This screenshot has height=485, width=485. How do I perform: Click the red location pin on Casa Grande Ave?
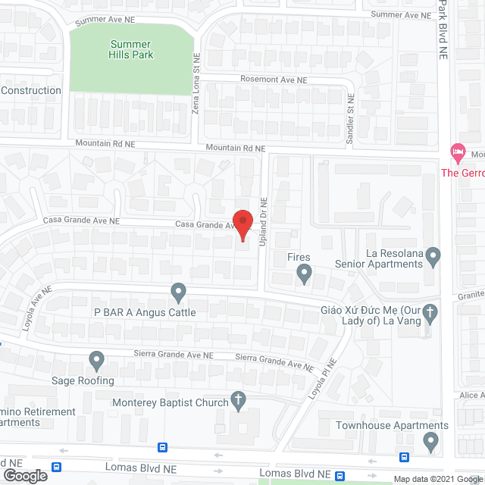point(242,224)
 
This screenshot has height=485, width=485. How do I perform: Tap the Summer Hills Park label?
point(131,49)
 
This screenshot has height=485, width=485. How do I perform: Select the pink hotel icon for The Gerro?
point(457,152)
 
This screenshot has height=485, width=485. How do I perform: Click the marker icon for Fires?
point(304,273)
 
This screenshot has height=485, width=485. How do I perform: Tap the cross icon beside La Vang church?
point(430,311)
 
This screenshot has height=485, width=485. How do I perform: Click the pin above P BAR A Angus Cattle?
point(178,291)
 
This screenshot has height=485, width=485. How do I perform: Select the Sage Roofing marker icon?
point(96,359)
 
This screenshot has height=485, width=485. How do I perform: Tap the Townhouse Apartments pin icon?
point(431,440)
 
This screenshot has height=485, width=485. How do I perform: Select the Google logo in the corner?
point(24,475)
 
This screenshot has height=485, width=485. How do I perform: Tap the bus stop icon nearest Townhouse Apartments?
point(404,456)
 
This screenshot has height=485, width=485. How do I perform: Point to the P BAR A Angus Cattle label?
point(145,312)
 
